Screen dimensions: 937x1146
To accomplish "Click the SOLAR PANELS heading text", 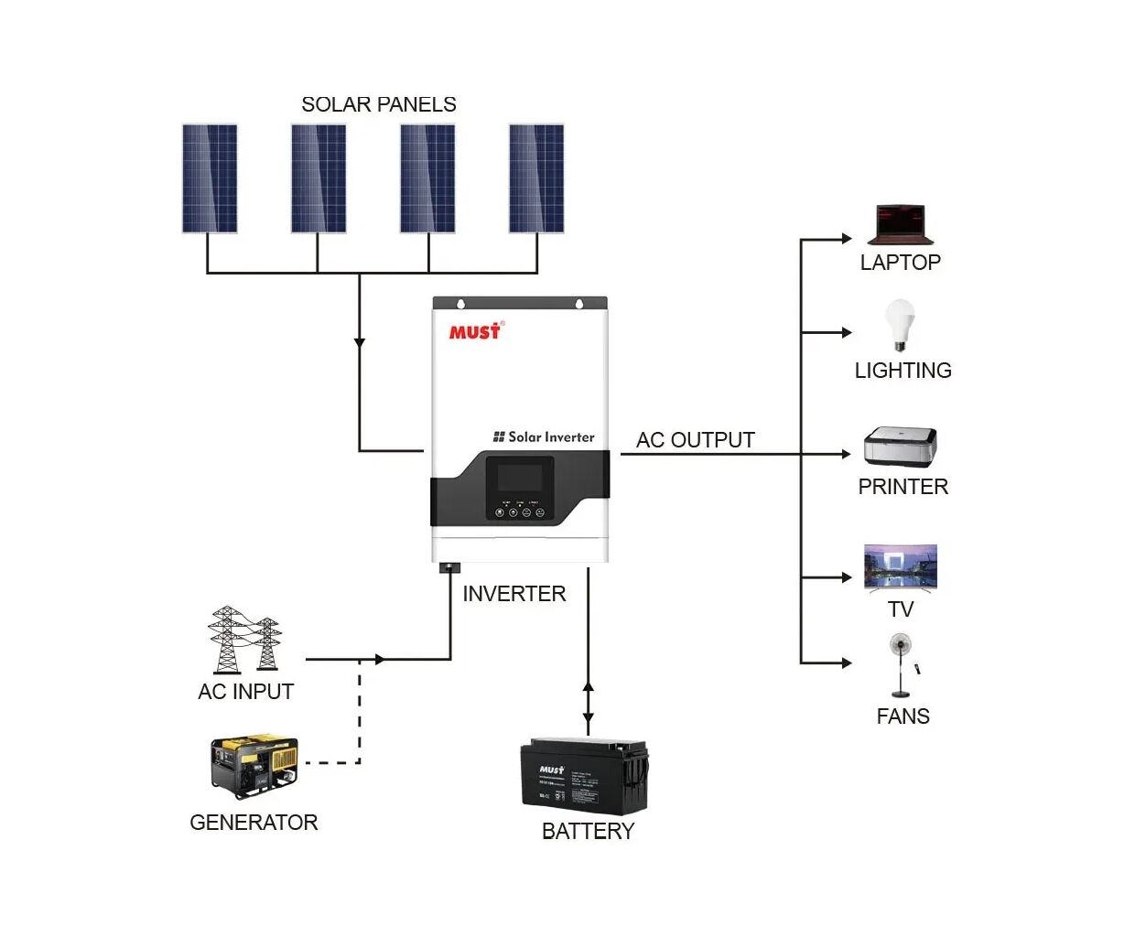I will (x=378, y=104).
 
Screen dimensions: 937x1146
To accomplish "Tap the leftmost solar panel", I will (x=210, y=178).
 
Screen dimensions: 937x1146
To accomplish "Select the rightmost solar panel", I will (x=536, y=178).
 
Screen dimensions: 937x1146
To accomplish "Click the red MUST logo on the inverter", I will (x=475, y=331).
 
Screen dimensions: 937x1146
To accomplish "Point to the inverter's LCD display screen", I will (x=520, y=478).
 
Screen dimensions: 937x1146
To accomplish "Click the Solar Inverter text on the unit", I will (x=545, y=437).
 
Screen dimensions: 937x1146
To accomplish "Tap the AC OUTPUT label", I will (x=696, y=440).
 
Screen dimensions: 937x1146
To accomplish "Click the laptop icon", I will (x=901, y=225).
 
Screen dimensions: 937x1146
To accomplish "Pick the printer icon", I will (x=901, y=447).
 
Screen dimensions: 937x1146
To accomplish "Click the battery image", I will (x=584, y=777).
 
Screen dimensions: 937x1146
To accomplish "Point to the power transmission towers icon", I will (x=244, y=640).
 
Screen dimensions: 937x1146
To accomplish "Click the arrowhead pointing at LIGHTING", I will (x=847, y=333).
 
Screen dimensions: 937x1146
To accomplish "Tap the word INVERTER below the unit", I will (x=514, y=594).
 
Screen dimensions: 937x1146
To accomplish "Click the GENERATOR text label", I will (x=254, y=823).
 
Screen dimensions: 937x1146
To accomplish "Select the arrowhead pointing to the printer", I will (x=847, y=454).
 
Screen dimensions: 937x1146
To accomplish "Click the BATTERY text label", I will (x=588, y=831).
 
